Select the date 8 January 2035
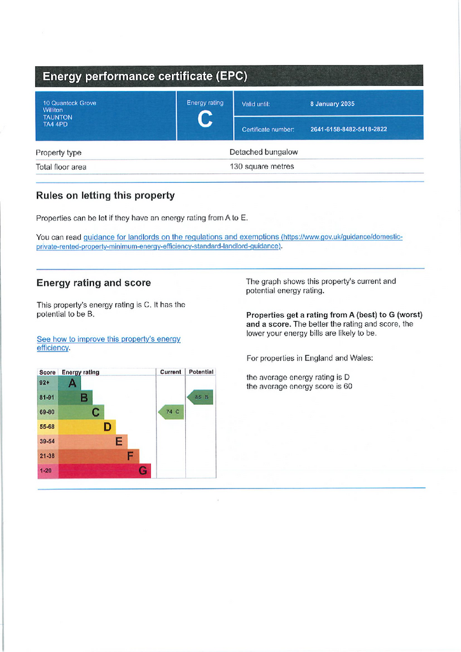(x=332, y=104)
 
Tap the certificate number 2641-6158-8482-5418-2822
(x=348, y=129)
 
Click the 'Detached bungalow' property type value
(x=264, y=152)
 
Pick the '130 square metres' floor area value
(x=262, y=167)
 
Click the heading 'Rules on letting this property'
(x=105, y=195)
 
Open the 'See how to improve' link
(x=108, y=343)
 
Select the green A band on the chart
(x=71, y=383)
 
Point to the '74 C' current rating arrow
(x=171, y=412)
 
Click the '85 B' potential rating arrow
(x=200, y=397)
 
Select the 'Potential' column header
(x=201, y=372)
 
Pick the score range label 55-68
(x=47, y=427)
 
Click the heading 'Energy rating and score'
(x=94, y=283)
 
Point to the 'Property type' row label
(x=59, y=153)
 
